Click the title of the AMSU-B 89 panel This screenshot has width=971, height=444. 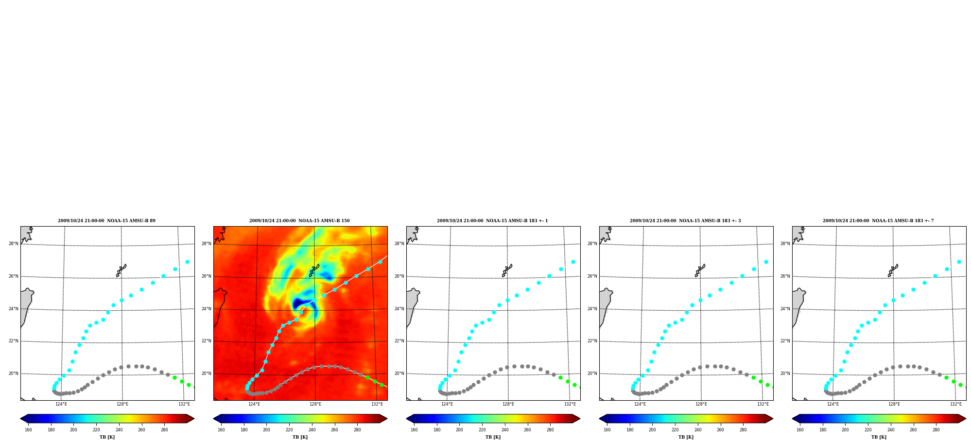tap(107, 221)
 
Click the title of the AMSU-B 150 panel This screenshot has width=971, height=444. tap(299, 221)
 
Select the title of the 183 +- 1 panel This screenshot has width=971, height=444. tap(492, 221)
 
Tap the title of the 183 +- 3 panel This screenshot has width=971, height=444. tap(685, 221)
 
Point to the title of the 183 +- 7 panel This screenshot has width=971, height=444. tap(878, 221)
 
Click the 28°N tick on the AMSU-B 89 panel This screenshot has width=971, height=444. tap(14, 244)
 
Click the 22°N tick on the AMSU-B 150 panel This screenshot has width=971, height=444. tap(207, 341)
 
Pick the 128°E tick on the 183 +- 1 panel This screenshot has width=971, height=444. tap(508, 404)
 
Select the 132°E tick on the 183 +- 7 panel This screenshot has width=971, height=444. tap(956, 404)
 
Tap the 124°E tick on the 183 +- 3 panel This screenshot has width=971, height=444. tap(640, 404)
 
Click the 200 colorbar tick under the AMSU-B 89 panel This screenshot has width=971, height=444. tap(73, 429)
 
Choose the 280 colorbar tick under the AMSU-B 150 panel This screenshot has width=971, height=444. tap(357, 429)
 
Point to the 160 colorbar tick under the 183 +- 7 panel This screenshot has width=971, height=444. tap(800, 429)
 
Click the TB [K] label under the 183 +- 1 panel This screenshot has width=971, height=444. tap(493, 437)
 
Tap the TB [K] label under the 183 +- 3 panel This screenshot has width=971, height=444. tap(686, 437)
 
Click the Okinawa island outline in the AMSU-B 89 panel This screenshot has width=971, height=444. tap(121, 270)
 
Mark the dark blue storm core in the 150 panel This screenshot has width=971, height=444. tap(298, 305)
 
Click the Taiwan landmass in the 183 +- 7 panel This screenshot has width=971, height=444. tap(798, 306)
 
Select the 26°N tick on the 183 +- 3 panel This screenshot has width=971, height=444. tap(592, 276)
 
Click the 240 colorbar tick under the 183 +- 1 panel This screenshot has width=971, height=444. tap(505, 429)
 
